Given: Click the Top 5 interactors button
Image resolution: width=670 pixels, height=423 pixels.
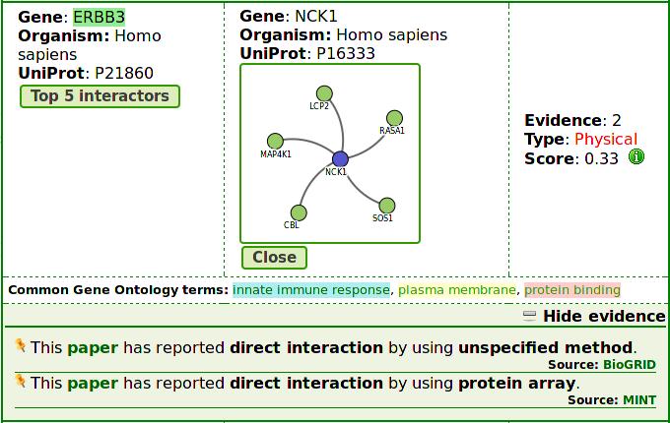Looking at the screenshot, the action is click(100, 96).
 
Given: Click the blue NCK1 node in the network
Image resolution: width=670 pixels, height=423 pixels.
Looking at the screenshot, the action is click(340, 159).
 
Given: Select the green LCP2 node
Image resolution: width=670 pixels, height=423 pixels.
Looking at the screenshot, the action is click(324, 93).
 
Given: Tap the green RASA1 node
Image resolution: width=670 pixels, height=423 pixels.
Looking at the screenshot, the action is click(394, 118).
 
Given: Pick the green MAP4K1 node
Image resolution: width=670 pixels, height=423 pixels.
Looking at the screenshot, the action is click(275, 141).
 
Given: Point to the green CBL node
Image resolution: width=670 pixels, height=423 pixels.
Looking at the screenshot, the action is click(299, 212).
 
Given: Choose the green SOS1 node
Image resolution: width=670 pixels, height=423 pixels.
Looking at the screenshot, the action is click(386, 206).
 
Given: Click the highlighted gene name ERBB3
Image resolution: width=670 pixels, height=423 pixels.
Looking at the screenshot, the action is click(100, 17).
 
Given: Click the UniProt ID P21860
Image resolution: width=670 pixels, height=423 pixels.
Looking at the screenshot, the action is click(124, 74).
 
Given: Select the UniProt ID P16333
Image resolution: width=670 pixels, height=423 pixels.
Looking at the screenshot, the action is click(346, 54).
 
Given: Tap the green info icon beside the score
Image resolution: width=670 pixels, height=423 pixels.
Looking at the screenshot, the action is click(636, 157).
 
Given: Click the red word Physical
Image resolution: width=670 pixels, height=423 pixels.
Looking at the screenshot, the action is click(606, 139).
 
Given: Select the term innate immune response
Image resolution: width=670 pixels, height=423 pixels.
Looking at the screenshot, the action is click(311, 290).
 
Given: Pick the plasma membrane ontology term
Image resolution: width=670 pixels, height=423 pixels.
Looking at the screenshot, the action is click(457, 290).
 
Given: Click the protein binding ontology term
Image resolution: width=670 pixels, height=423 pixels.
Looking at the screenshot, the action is click(572, 290).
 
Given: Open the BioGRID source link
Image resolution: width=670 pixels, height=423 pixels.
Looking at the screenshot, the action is click(630, 365).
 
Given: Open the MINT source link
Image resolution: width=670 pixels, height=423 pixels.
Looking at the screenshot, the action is click(639, 400).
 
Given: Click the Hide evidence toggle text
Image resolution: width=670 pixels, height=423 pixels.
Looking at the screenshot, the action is click(604, 317).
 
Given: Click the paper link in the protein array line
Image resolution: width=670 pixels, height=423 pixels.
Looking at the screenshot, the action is click(93, 384).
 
